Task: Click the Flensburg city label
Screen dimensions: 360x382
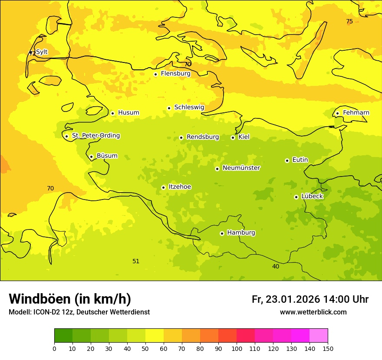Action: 175,74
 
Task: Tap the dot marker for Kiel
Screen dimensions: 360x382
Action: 233,137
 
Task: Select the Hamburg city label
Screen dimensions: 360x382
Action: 241,233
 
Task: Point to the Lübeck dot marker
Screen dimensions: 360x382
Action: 296,197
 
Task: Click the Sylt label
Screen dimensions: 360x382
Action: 42,52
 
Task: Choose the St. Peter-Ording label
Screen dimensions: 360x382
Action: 95,136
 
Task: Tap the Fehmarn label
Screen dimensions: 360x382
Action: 356,113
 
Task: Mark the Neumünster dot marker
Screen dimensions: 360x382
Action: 217,169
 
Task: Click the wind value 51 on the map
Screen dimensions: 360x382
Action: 136,261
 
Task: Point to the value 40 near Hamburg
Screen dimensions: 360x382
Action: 276,266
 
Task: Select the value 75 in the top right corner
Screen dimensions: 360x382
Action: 349,22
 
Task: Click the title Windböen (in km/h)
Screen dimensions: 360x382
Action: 69,299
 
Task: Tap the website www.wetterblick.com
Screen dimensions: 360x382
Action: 313,312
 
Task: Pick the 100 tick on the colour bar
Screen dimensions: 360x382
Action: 237,348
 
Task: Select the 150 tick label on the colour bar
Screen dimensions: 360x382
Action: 328,348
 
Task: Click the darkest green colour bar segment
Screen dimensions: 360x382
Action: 63,335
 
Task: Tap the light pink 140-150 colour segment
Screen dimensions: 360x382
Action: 319,335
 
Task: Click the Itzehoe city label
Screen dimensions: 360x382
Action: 179,187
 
